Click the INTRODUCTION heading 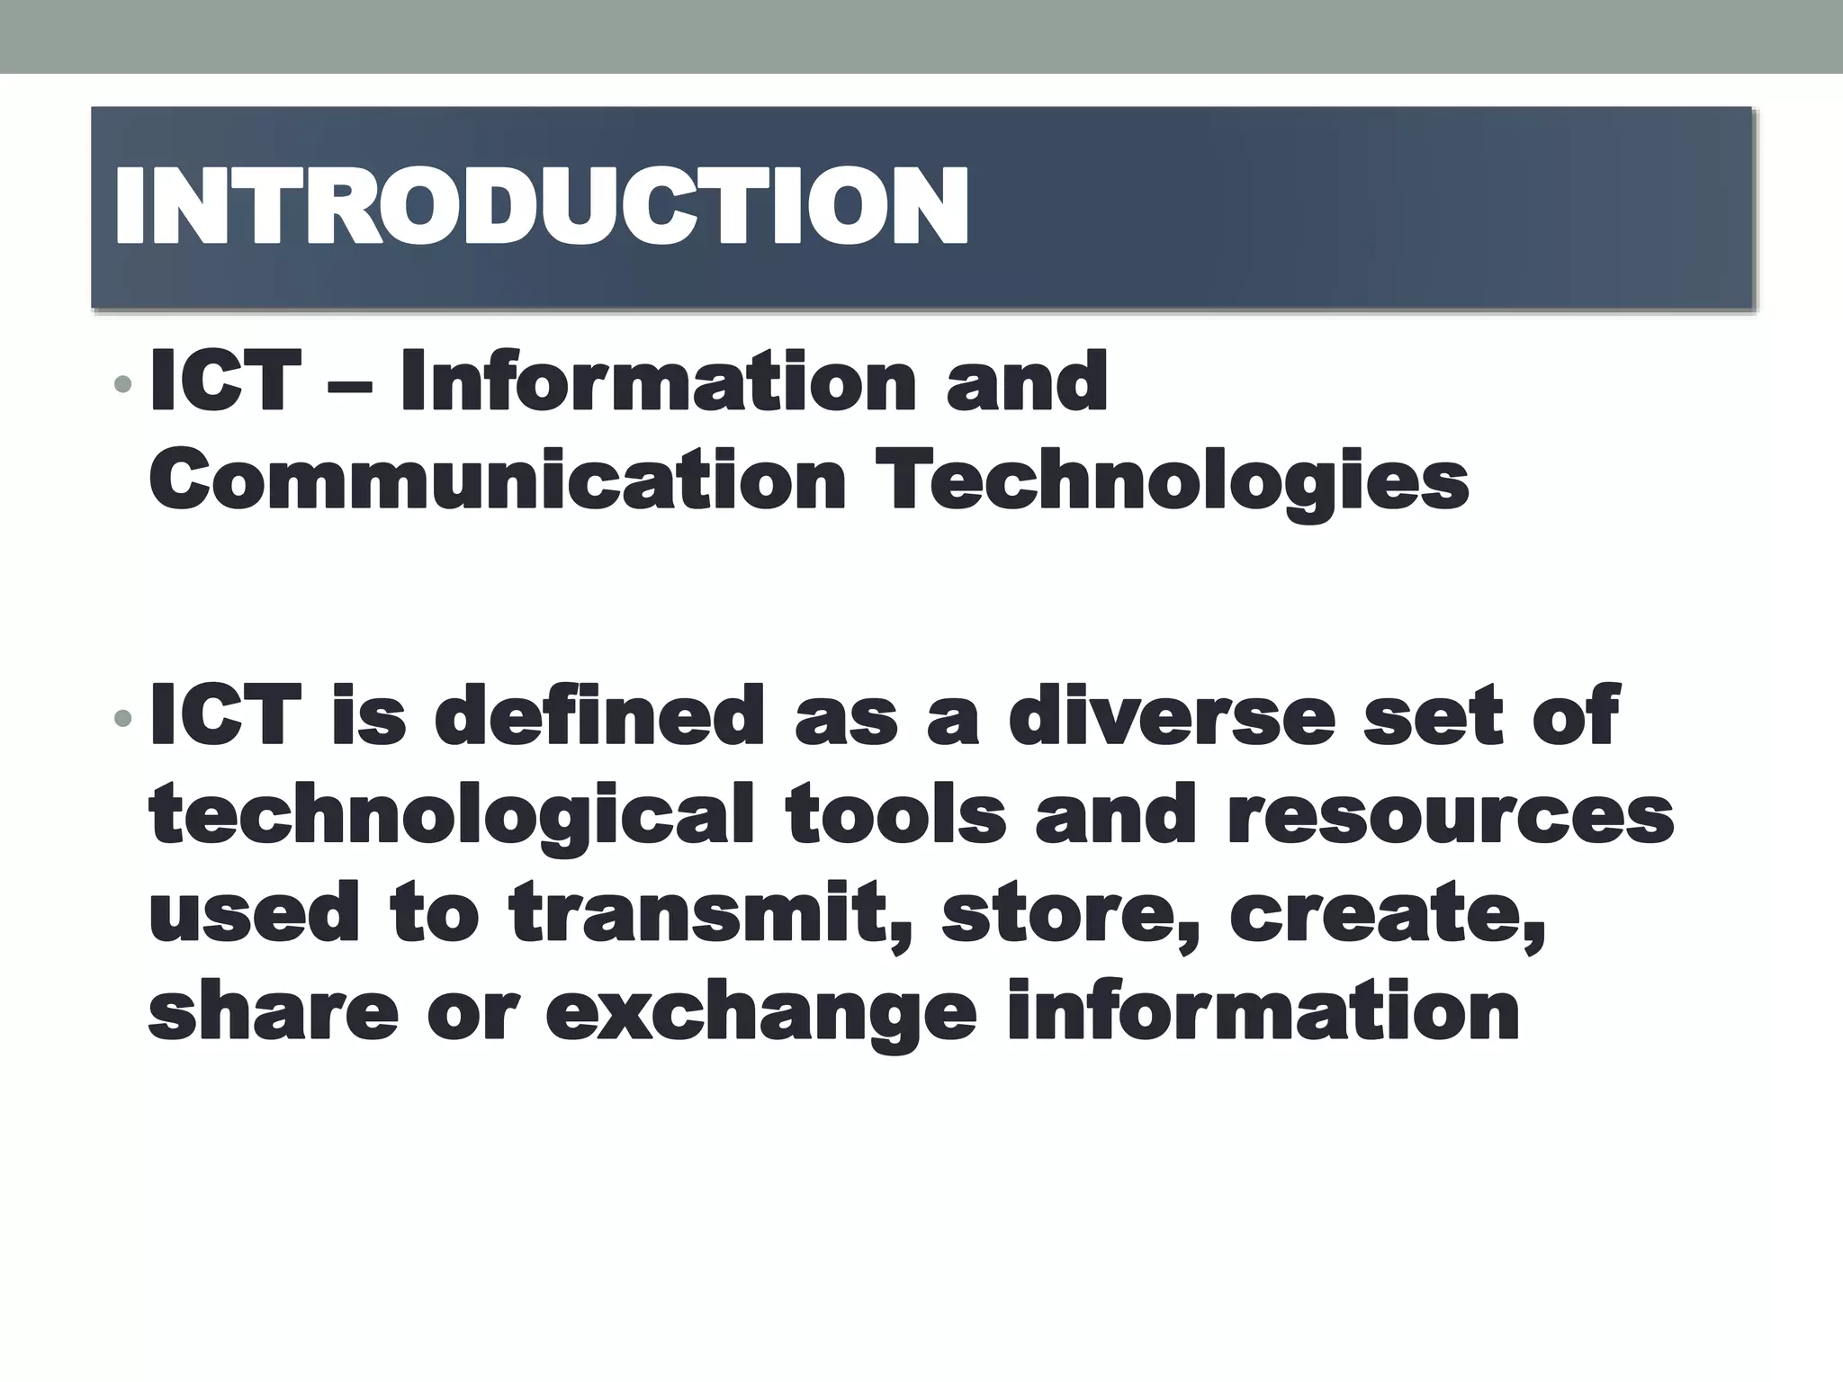(540, 207)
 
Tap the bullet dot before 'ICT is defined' (123, 718)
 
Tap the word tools (895, 814)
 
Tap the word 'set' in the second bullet (1432, 717)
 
